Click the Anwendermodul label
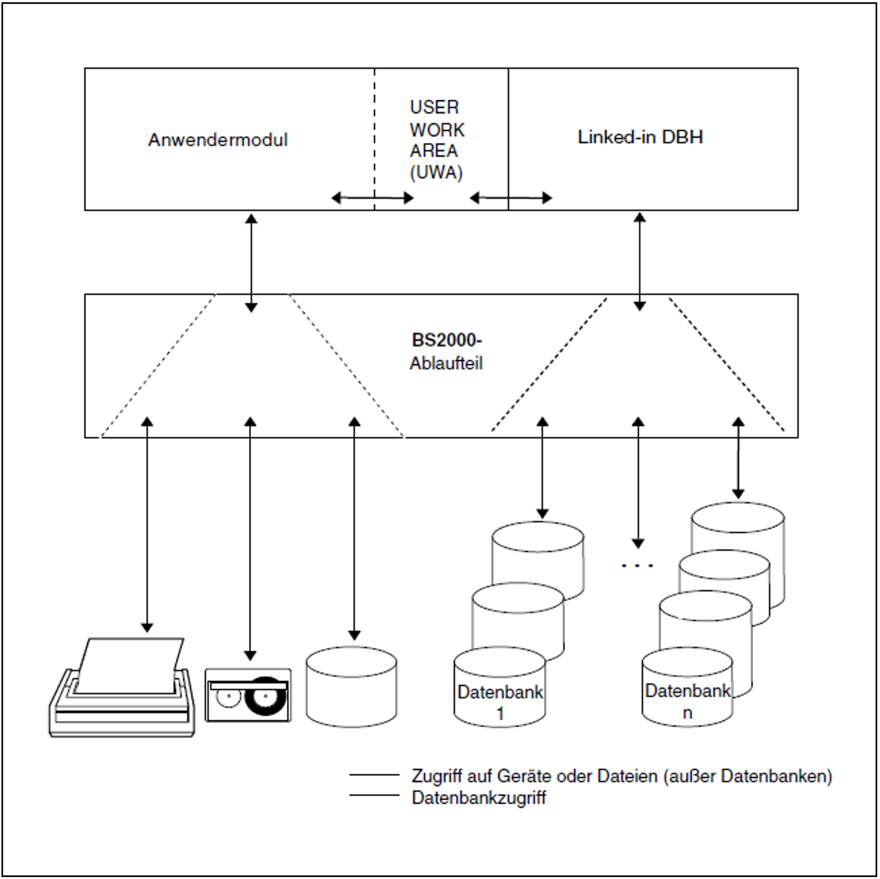coord(218,140)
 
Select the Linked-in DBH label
coord(640,137)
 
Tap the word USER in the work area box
coord(434,107)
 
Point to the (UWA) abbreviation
coord(436,173)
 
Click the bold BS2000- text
coord(447,340)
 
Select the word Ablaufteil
coord(446,363)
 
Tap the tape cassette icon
coord(248,695)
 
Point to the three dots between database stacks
coord(637,565)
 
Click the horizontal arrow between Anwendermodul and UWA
coord(372,198)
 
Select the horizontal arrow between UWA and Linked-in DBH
coord(511,198)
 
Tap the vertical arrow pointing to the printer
coord(147,524)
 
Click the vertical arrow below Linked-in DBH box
coord(640,262)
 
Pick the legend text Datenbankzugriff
coord(478,798)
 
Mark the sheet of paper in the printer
coord(130,665)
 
